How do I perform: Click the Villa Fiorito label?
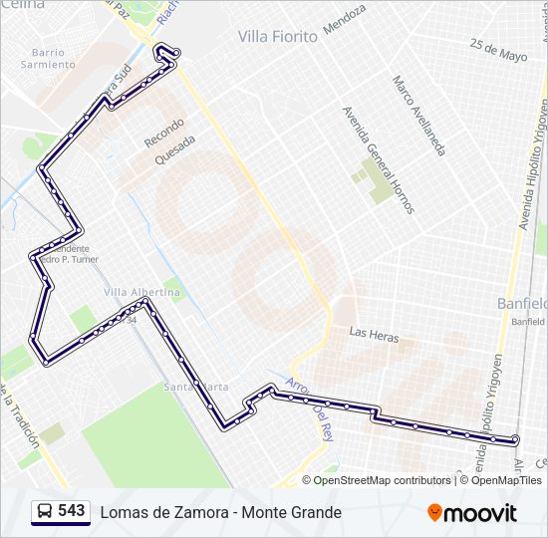[277, 37]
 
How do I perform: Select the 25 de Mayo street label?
[498, 50]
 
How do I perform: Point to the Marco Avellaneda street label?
[417, 116]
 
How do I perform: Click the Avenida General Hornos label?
[378, 159]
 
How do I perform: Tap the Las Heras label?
[374, 335]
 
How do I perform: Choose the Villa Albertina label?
[142, 292]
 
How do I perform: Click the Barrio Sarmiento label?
[48, 58]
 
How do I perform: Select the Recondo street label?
[164, 134]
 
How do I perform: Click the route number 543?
[71, 511]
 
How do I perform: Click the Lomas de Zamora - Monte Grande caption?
[220, 512]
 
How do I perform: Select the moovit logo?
[472, 512]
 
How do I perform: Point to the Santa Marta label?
[196, 387]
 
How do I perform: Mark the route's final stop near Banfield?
[515, 439]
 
